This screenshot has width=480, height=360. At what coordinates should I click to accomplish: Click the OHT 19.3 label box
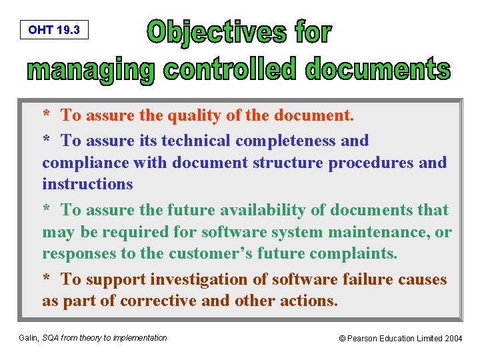54,30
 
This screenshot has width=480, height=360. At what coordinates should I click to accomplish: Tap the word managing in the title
91,69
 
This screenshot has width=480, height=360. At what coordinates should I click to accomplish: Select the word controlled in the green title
225,69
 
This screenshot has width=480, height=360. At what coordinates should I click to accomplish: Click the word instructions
87,184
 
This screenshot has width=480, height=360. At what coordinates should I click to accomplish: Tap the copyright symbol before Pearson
343,339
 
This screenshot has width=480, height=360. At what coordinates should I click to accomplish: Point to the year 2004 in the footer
453,339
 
